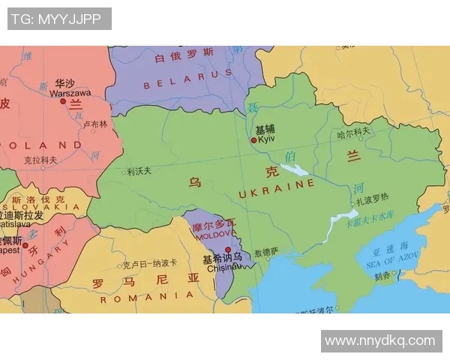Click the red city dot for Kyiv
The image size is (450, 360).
click(253, 139)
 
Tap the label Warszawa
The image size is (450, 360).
click(70, 93)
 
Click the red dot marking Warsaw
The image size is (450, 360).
click(63, 101)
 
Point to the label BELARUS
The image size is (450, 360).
click(178, 85)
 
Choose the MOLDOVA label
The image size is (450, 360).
click(214, 235)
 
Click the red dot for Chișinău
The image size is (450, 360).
click(228, 250)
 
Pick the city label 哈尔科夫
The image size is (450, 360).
click(354, 132)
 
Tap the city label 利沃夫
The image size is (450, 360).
click(140, 171)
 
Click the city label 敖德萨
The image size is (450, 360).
click(266, 252)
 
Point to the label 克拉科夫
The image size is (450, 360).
click(40, 160)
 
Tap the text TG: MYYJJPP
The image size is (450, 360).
click(59, 19)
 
